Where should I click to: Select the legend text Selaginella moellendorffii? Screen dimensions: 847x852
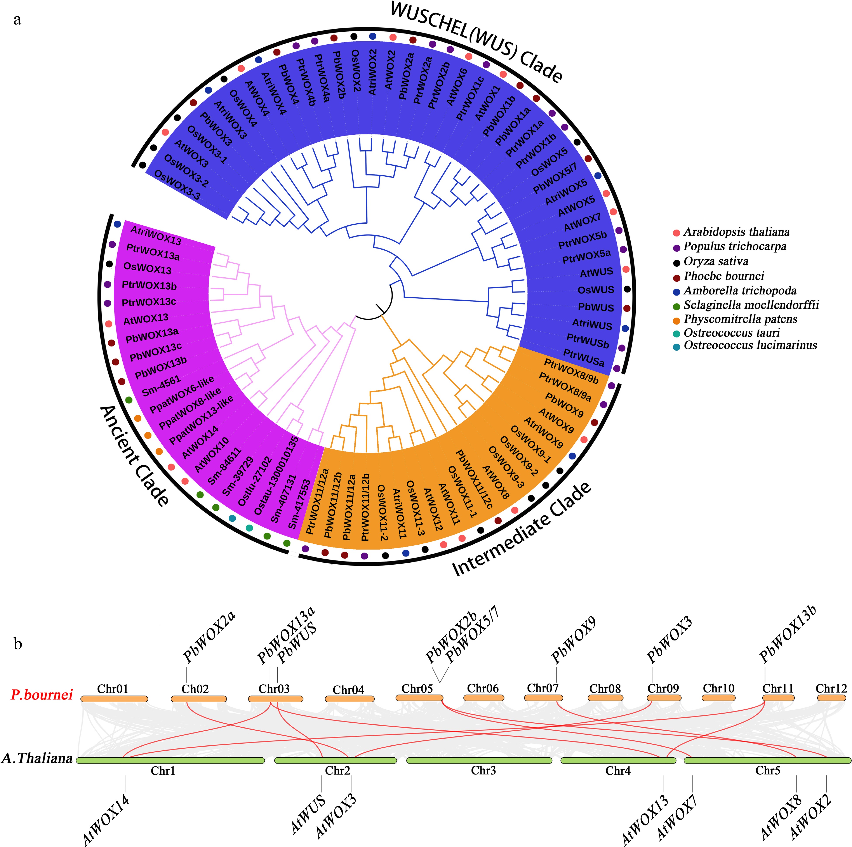pyautogui.click(x=751, y=305)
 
